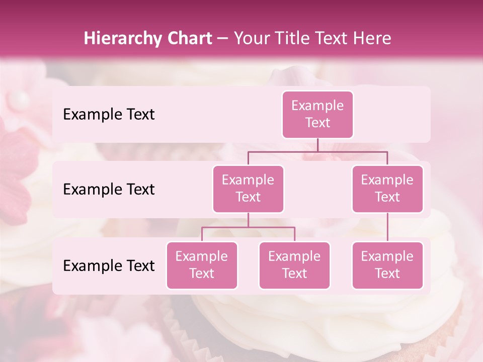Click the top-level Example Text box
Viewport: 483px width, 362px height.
click(317, 114)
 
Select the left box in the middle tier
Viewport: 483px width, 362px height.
click(248, 189)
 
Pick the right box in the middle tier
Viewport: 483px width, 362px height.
click(387, 189)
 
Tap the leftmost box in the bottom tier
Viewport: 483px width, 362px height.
click(202, 265)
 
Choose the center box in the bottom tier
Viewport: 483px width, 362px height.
click(294, 265)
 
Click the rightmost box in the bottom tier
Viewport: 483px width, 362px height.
click(387, 265)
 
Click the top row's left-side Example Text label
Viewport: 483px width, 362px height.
click(109, 115)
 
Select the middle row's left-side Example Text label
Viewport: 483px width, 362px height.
click(109, 190)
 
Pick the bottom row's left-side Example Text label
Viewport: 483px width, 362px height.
click(109, 266)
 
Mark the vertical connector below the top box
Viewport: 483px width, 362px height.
click(317, 145)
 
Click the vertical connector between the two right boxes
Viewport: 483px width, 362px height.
click(387, 227)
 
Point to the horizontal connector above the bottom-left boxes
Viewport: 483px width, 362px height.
click(248, 227)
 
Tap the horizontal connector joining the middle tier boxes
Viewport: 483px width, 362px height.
click(317, 151)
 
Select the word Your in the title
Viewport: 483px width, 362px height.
click(250, 39)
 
